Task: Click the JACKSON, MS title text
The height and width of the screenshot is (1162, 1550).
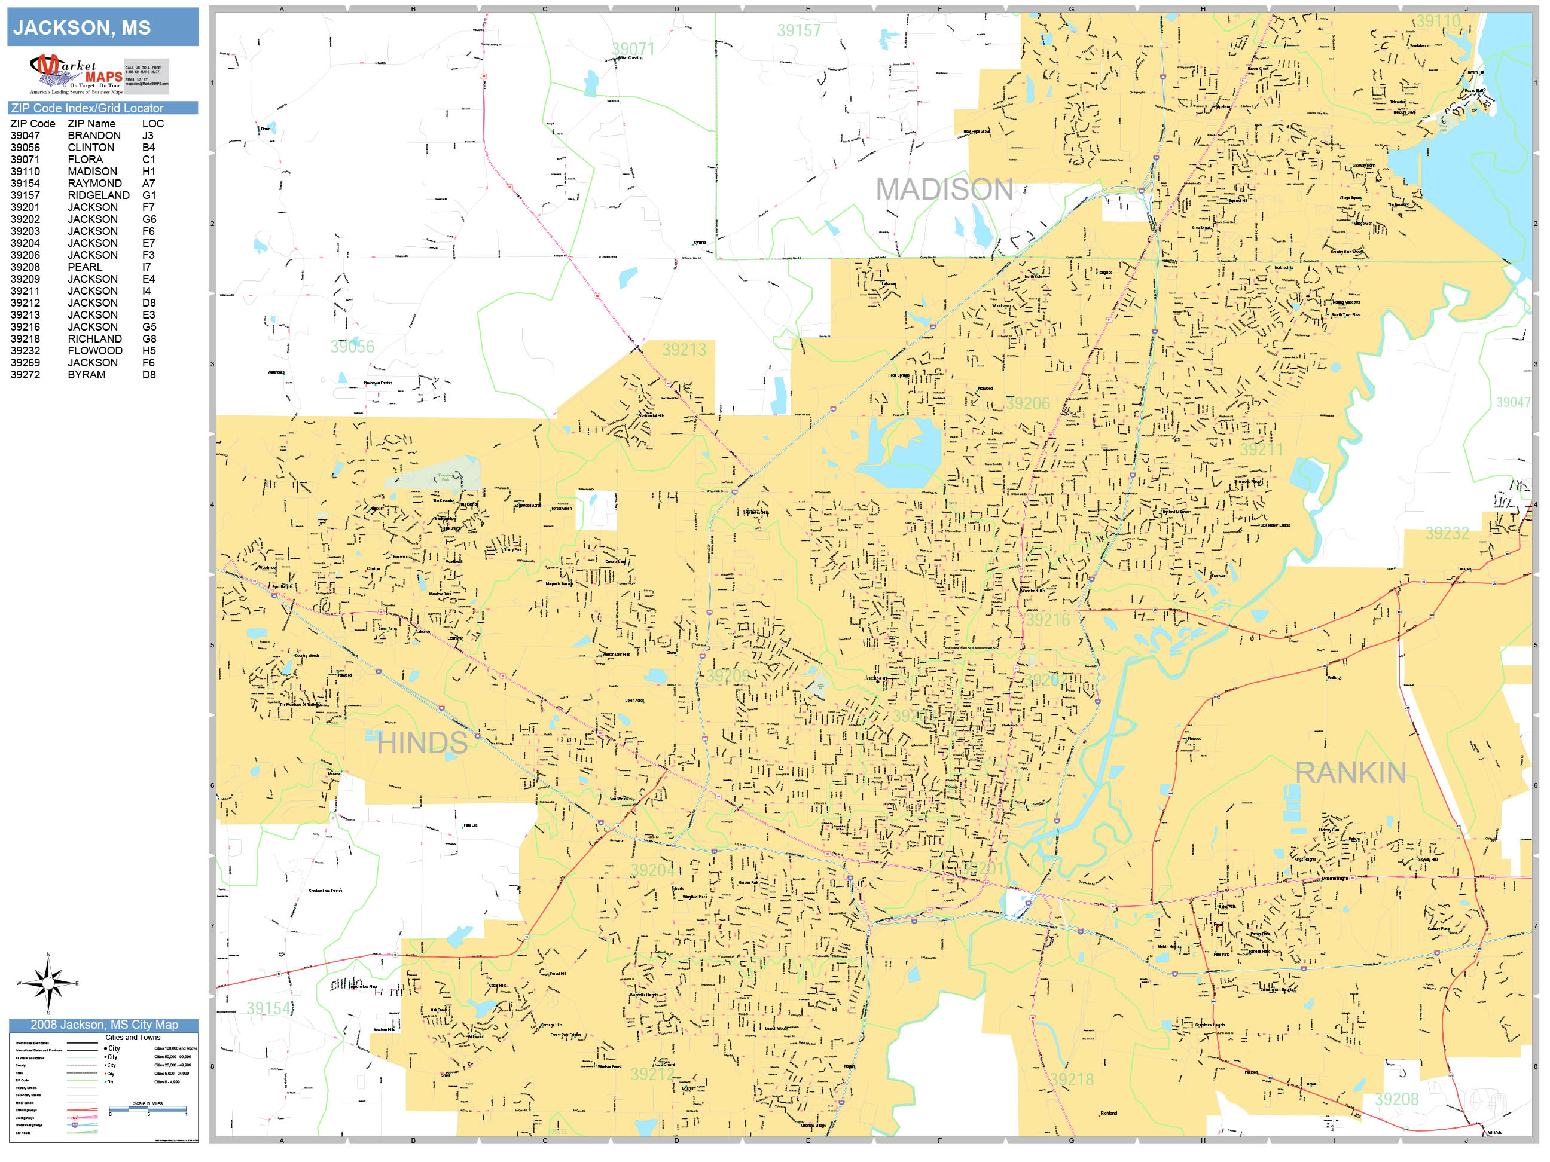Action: pyautogui.click(x=82, y=28)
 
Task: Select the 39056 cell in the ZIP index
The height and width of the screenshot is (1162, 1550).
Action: pyautogui.click(x=25, y=148)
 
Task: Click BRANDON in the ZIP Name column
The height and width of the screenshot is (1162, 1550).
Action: pyautogui.click(x=94, y=136)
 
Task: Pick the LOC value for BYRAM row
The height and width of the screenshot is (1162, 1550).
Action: pyautogui.click(x=148, y=375)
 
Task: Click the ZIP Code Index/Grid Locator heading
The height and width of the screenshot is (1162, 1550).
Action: pyautogui.click(x=87, y=108)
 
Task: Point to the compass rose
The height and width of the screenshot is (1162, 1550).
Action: pyautogui.click(x=48, y=983)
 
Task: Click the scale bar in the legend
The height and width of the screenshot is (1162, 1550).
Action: pyautogui.click(x=147, y=1109)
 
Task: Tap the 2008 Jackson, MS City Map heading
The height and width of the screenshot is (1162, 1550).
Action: pyautogui.click(x=103, y=1025)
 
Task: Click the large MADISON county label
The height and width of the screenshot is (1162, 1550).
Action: pyautogui.click(x=944, y=190)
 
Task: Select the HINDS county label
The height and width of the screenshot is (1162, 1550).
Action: pyautogui.click(x=422, y=743)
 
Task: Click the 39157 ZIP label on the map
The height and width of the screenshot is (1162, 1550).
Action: pyautogui.click(x=798, y=31)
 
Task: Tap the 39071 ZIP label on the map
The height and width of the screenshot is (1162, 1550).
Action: pyautogui.click(x=633, y=49)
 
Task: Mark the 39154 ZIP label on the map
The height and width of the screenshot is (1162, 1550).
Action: pyautogui.click(x=268, y=1008)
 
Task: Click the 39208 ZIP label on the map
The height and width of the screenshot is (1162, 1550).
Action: pyautogui.click(x=1396, y=1100)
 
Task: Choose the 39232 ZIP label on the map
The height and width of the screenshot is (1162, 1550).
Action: pyautogui.click(x=1447, y=534)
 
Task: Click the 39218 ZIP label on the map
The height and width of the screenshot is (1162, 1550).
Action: pyautogui.click(x=1072, y=1080)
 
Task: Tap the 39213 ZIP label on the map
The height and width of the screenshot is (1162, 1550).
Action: pyautogui.click(x=684, y=350)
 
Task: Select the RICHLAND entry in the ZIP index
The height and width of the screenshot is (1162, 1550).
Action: pyautogui.click(x=94, y=339)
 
